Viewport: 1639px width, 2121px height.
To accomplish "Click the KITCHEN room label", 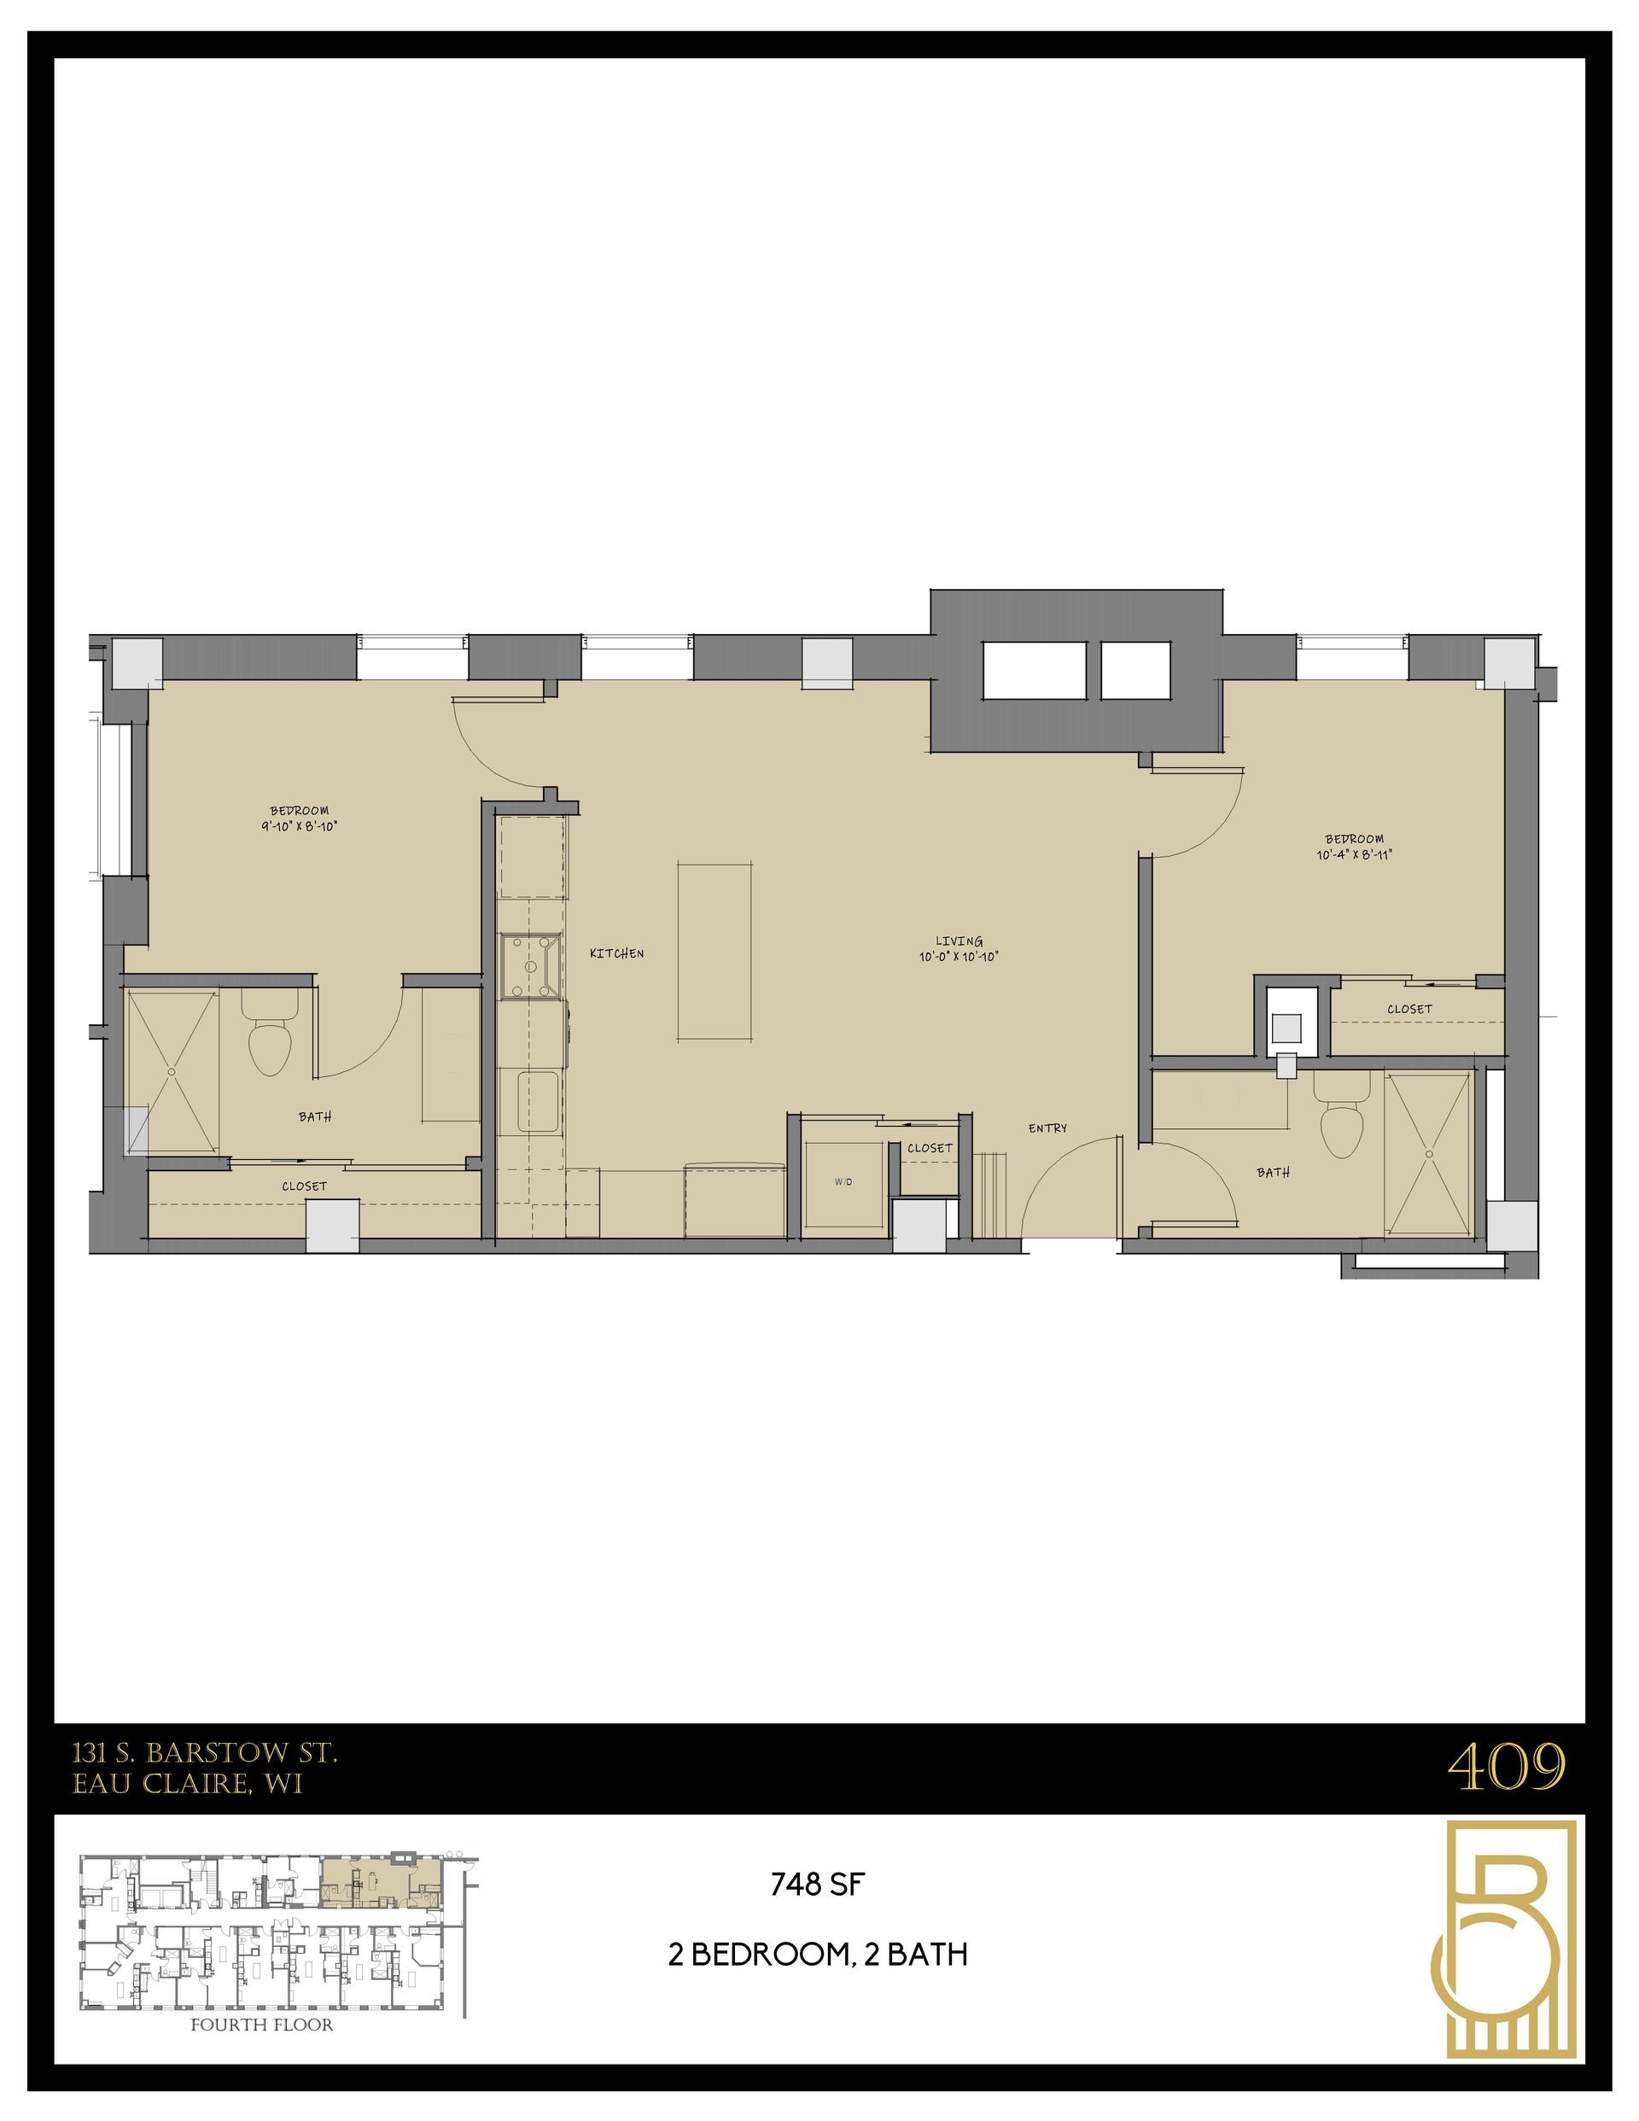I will coord(616,953).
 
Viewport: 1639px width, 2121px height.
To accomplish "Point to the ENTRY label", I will coord(1047,1128).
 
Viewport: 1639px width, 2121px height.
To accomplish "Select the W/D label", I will coord(843,1182).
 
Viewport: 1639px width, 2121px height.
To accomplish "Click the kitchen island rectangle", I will coord(715,951).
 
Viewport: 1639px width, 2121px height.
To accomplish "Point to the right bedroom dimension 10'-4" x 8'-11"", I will coord(1355,854).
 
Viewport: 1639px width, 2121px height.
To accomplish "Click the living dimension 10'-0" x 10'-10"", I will coord(959,957).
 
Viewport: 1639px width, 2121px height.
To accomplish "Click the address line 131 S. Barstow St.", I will coord(205,1753).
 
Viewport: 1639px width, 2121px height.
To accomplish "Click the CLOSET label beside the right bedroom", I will coord(1409,1009).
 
